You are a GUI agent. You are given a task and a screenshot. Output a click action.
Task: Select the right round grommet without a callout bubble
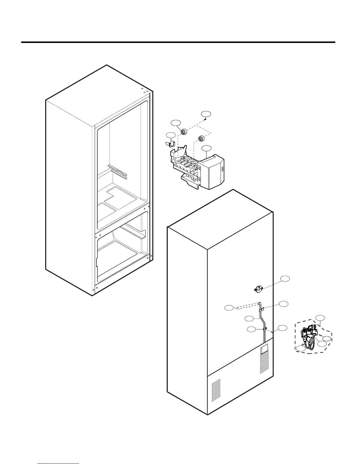[x=202, y=138]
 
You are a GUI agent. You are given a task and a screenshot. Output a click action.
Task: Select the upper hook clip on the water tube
[x=261, y=309]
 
